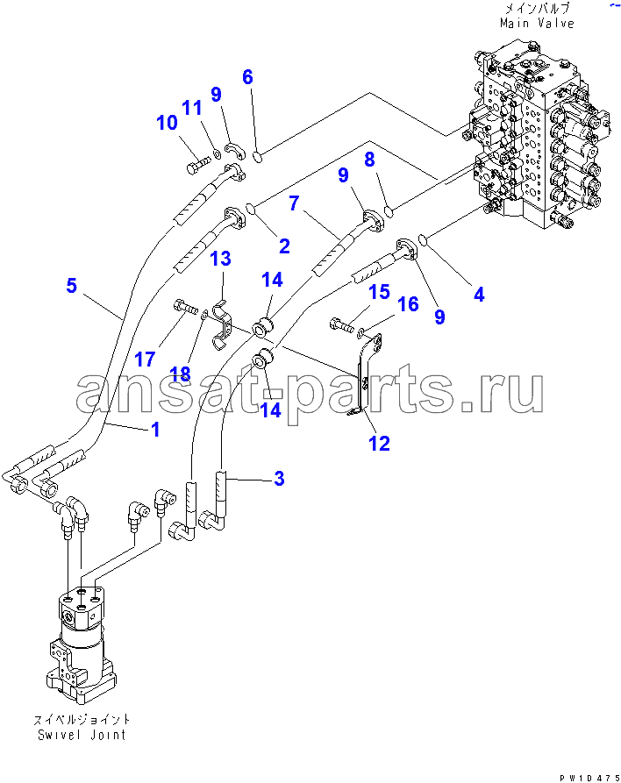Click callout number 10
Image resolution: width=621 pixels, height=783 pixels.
167,124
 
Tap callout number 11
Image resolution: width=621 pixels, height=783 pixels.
192,108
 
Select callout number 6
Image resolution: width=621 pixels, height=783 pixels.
247,77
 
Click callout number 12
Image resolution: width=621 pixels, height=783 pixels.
379,444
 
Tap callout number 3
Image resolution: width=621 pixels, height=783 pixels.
279,479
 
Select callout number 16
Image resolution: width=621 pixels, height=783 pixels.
409,304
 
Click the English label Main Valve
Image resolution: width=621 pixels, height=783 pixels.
537,24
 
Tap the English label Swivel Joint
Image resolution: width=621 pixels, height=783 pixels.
82,734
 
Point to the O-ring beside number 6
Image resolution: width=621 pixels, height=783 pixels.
258,158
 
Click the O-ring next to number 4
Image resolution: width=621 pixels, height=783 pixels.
422,239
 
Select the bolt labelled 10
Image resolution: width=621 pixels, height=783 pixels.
197,164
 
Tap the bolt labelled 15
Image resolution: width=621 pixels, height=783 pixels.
340,326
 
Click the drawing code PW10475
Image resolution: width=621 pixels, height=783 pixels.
582,777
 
